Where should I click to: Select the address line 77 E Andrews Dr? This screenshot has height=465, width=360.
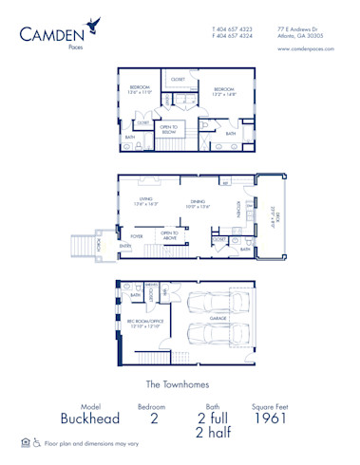300,29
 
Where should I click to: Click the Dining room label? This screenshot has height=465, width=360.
197,202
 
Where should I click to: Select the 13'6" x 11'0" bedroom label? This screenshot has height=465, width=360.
141,90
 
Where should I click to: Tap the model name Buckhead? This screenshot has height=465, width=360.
78,417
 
